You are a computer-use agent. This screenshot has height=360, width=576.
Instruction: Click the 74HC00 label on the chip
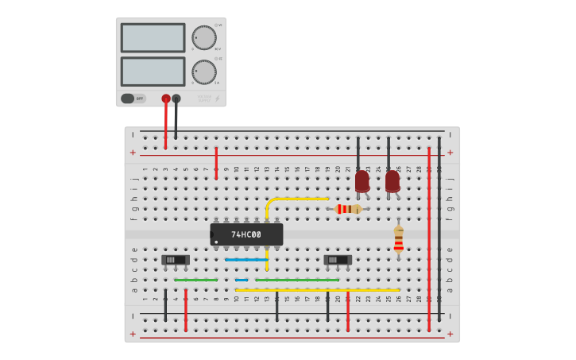(x=246, y=234)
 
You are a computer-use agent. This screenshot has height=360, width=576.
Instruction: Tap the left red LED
(x=362, y=180)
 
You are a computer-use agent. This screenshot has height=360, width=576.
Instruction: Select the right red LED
(x=392, y=180)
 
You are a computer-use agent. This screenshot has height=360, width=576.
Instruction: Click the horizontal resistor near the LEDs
(x=348, y=209)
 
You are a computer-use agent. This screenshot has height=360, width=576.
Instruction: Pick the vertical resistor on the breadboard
(x=398, y=238)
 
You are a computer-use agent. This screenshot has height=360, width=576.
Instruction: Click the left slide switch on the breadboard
(x=176, y=260)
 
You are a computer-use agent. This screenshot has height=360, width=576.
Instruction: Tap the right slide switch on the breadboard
(x=338, y=260)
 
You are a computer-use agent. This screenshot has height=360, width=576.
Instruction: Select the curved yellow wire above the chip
(x=294, y=199)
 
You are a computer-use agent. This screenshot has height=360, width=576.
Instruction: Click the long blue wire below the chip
(x=246, y=260)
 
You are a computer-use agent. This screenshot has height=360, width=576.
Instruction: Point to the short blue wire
(x=241, y=280)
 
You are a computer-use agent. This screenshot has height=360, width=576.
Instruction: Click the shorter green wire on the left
(x=195, y=280)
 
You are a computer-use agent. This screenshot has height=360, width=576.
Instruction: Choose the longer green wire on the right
(x=297, y=280)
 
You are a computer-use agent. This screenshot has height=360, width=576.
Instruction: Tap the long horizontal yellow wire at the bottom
(x=318, y=290)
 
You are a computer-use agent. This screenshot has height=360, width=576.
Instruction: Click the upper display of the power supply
(x=153, y=37)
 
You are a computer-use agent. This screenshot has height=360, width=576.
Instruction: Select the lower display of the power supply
(x=153, y=72)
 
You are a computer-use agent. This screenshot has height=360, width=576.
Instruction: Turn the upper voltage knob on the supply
(x=203, y=37)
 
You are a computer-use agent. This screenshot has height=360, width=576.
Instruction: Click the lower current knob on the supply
(x=203, y=72)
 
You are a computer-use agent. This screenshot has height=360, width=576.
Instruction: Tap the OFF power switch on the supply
(x=133, y=99)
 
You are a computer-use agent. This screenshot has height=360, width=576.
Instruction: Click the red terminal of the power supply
(x=166, y=99)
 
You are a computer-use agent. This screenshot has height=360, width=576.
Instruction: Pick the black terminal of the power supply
(x=176, y=99)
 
